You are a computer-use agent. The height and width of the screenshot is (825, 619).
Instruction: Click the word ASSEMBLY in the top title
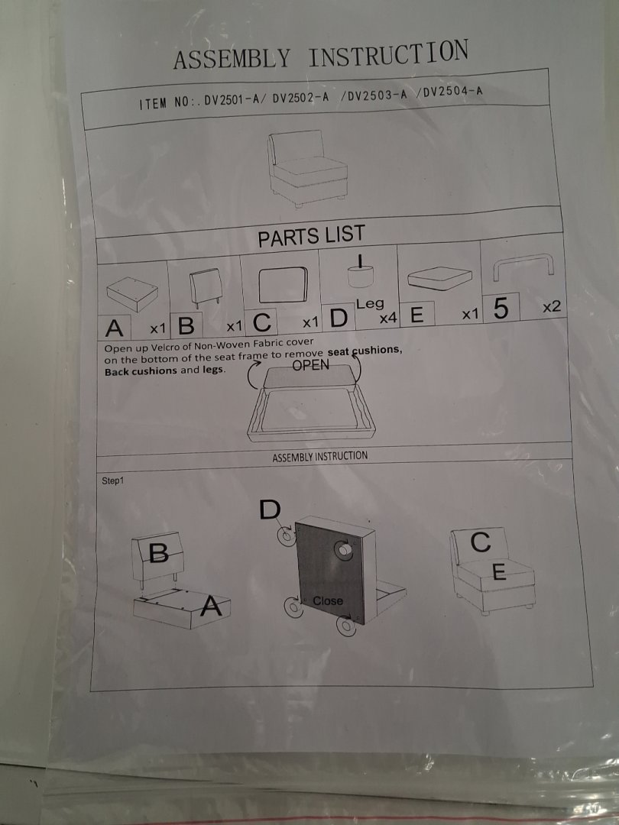(232, 58)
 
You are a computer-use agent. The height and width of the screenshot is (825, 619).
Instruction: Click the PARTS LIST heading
(311, 236)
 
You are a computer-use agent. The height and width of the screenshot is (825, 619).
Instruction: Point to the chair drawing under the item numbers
(307, 168)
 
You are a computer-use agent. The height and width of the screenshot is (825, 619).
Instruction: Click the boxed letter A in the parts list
(114, 328)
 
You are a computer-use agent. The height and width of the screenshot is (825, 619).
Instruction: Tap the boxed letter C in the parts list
(261, 322)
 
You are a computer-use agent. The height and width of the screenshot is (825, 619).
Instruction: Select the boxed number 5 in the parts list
(501, 308)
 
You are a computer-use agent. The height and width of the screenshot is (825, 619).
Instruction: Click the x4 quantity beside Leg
(387, 318)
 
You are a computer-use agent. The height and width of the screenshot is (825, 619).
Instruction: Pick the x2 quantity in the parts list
(552, 306)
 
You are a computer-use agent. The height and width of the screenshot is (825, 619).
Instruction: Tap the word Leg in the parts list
(370, 303)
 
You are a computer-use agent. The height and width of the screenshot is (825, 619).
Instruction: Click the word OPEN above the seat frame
(310, 365)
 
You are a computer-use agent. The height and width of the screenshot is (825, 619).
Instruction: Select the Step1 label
(113, 480)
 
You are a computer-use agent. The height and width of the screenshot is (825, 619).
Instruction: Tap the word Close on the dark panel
(327, 600)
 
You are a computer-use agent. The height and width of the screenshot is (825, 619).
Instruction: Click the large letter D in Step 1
(270, 510)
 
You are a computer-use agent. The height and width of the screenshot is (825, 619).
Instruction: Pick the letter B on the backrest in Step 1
(158, 552)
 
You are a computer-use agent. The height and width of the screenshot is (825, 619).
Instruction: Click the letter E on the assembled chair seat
(498, 571)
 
